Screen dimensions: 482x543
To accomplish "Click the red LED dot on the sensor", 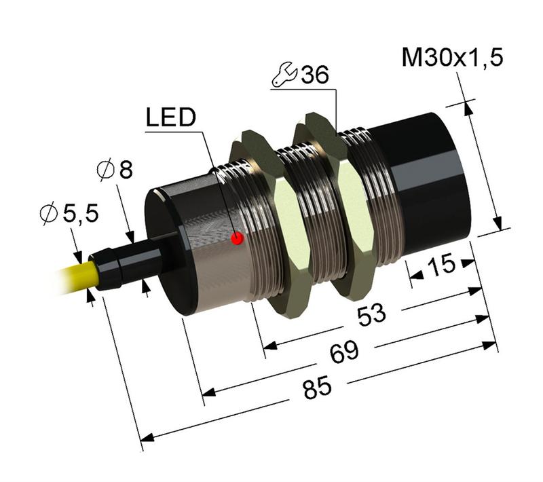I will coord(237,238).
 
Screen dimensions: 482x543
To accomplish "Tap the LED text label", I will coord(170,118).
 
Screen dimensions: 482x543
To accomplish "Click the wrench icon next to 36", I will coord(283,77).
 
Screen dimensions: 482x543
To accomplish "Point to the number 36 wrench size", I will coord(314,75).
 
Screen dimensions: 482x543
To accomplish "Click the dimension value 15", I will coord(441,265).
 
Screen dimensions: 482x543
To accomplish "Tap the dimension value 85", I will coord(316,388).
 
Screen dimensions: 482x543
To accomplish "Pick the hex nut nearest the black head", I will coord(336,204).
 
